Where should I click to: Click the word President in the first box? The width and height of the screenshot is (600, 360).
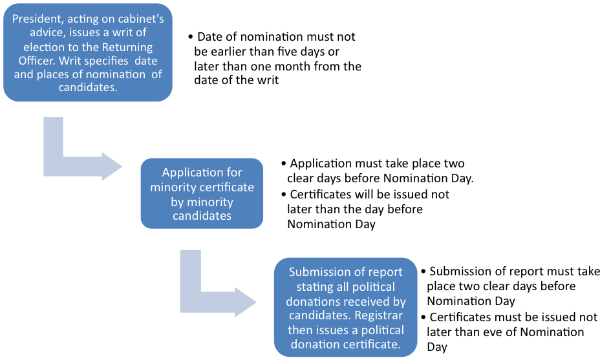click(x=36, y=19)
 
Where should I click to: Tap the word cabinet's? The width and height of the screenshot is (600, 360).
click(x=139, y=19)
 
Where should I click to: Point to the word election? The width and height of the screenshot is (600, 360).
click(x=44, y=47)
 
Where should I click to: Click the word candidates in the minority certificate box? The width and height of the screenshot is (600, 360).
click(x=202, y=215)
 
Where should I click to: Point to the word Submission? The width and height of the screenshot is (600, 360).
click(x=318, y=272)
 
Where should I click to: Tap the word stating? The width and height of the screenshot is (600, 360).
click(x=316, y=286)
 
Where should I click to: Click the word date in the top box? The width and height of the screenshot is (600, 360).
click(x=145, y=61)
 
